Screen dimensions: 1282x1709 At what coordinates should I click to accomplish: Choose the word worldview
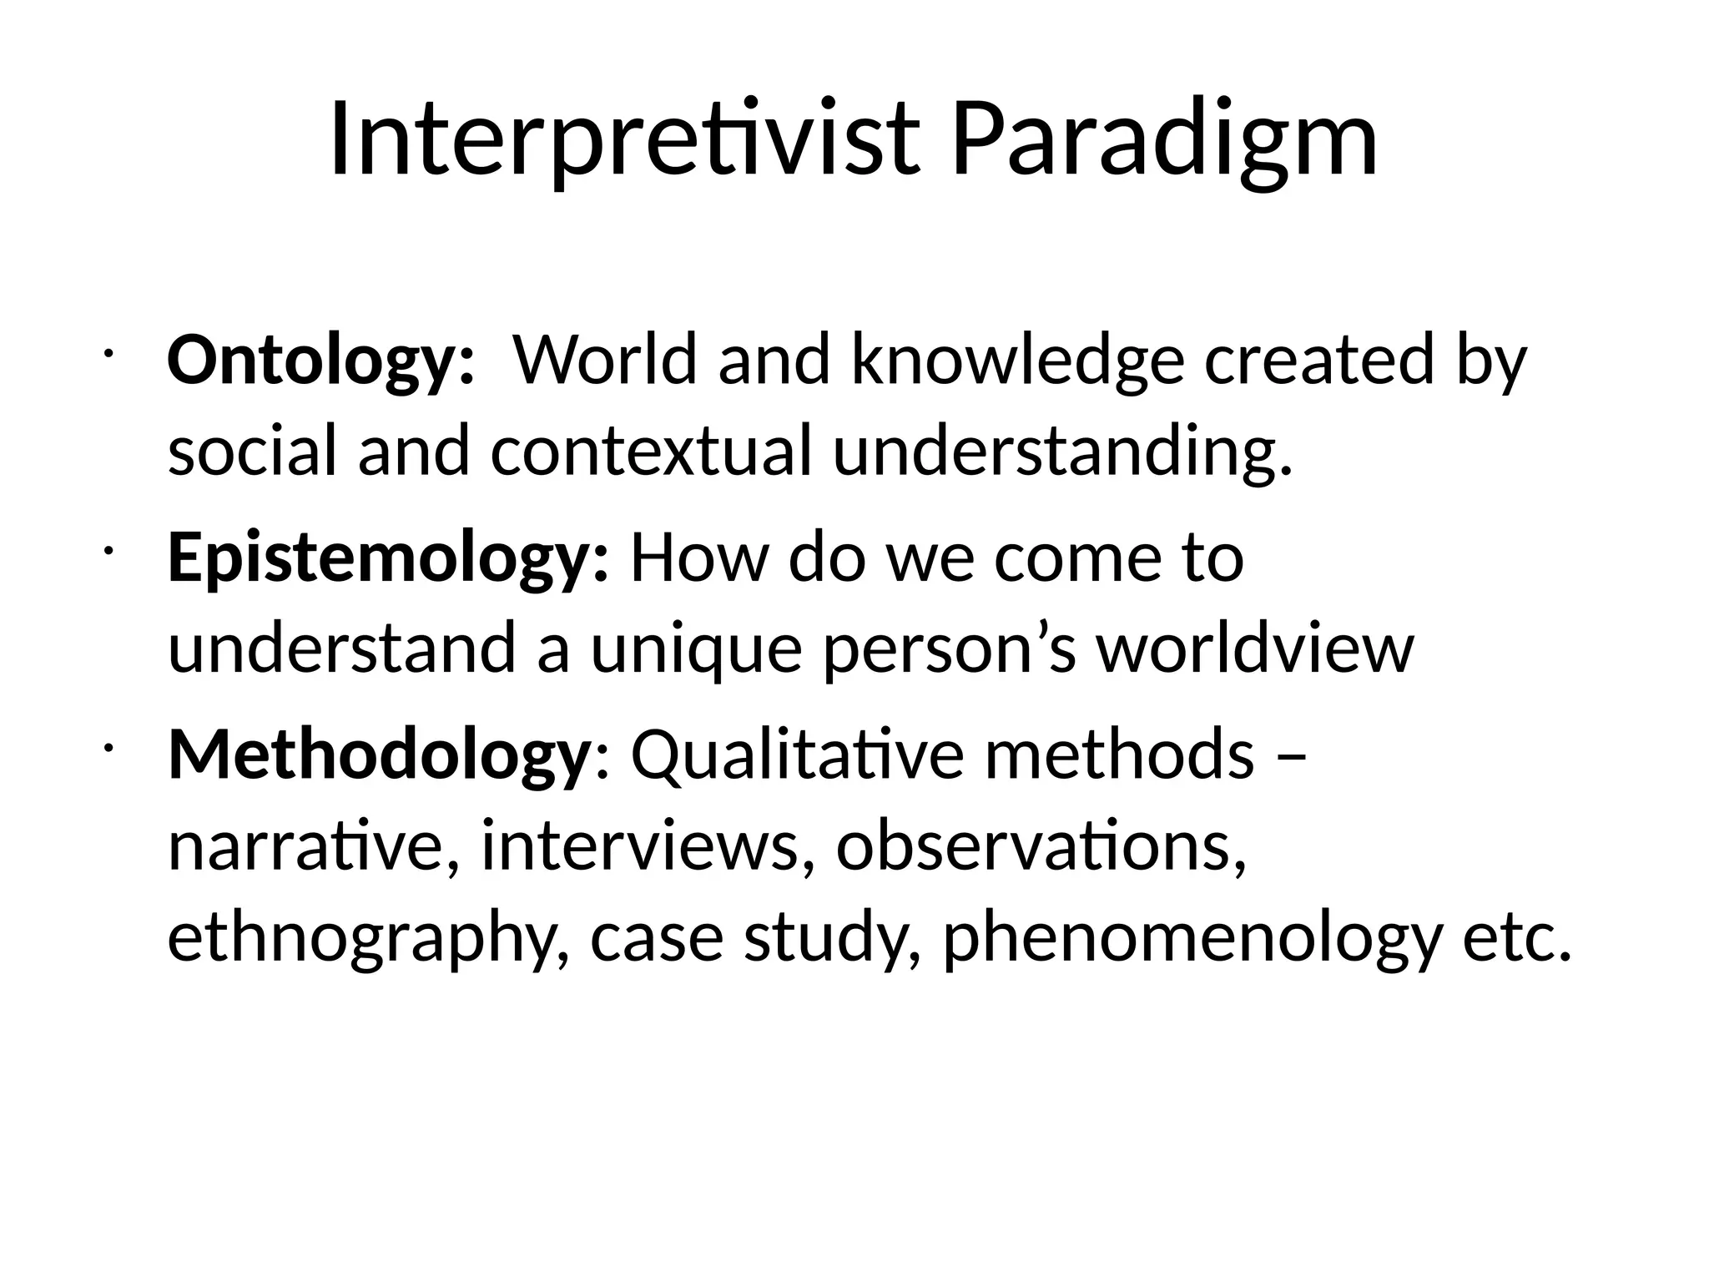coord(1255,649)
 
